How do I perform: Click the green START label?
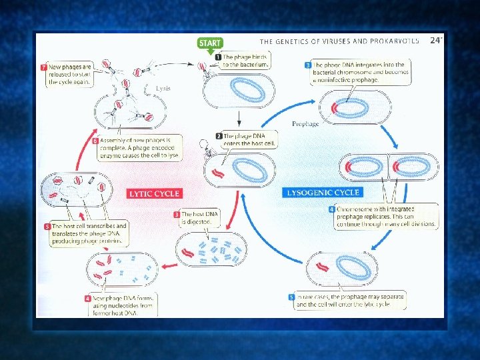pyautogui.click(x=209, y=43)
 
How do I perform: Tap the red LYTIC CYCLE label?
pyautogui.click(x=154, y=193)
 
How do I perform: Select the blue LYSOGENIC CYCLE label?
pyautogui.click(x=323, y=193)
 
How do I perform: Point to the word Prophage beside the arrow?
pyautogui.click(x=305, y=124)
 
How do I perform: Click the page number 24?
pyautogui.click(x=435, y=41)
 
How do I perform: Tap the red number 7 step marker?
pyautogui.click(x=43, y=68)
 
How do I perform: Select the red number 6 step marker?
pyautogui.click(x=95, y=141)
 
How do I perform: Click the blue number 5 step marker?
pyautogui.click(x=291, y=297)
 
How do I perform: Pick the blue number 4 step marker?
pyautogui.click(x=331, y=209)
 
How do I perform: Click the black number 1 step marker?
pyautogui.click(x=218, y=57)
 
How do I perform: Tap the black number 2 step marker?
pyautogui.click(x=218, y=136)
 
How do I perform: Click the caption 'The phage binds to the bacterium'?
pyautogui.click(x=245, y=61)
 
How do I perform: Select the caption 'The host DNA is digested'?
pyautogui.click(x=201, y=218)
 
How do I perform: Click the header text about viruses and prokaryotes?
pyautogui.click(x=339, y=41)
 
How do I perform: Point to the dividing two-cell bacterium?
pyautogui.click(x=389, y=167)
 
